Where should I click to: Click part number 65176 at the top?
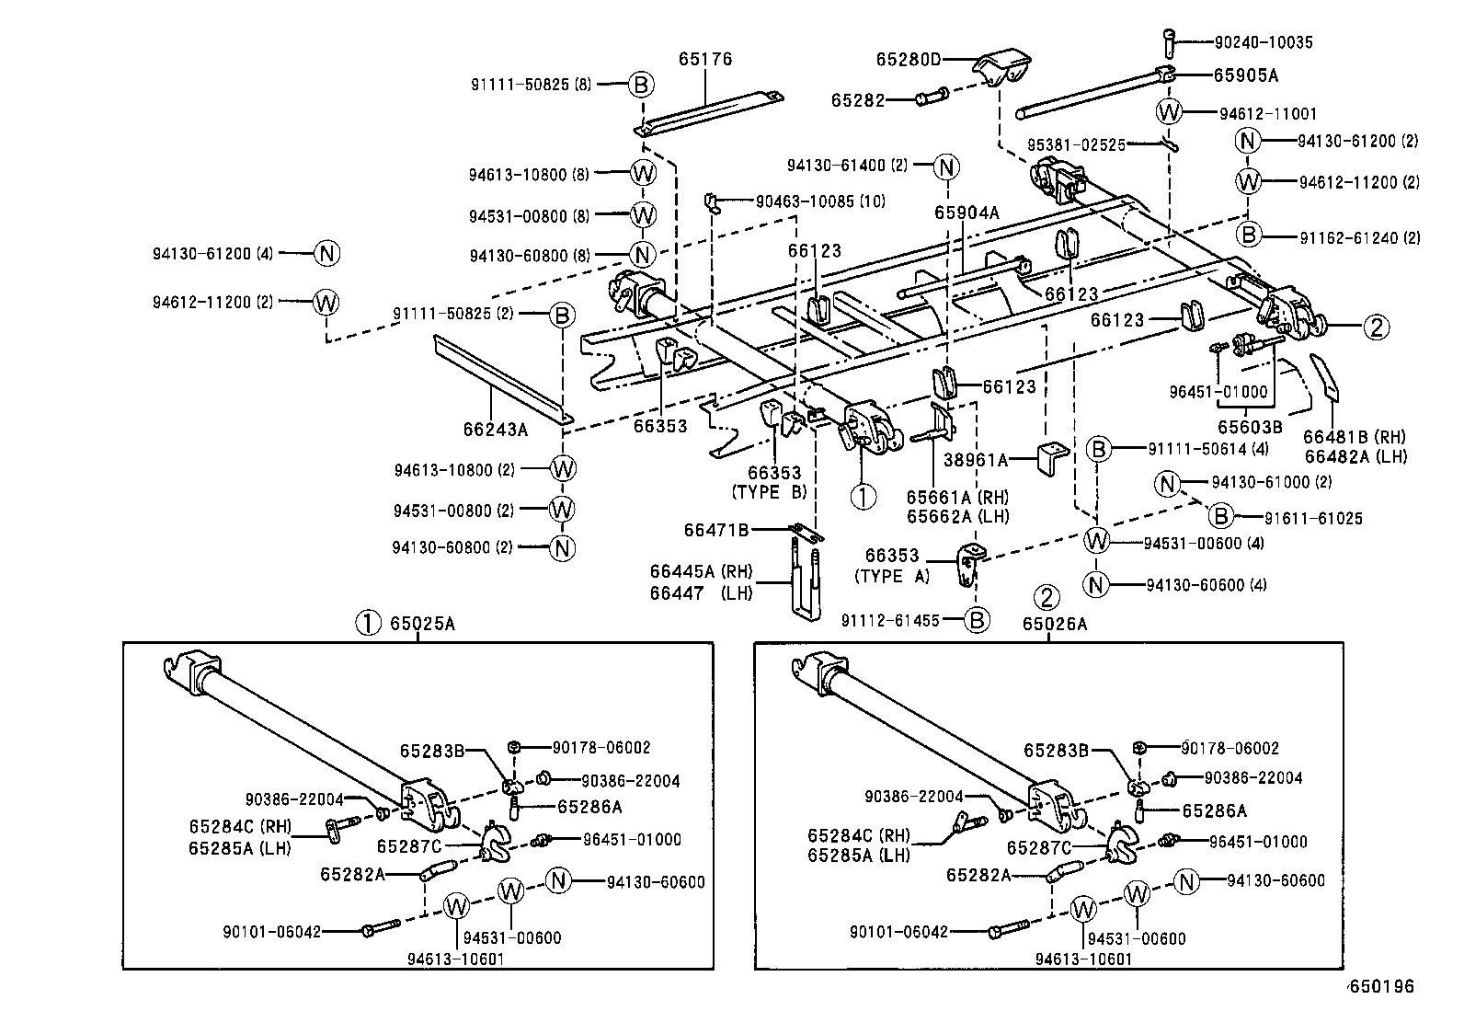705,60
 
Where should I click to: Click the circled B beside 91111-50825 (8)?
642,86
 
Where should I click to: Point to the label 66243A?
495,428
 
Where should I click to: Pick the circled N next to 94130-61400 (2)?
946,167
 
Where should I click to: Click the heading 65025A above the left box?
422,624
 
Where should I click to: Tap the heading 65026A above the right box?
1054,624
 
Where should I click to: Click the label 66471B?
716,530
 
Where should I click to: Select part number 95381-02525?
1076,144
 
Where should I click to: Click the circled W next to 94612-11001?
1169,113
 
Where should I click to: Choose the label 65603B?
1250,427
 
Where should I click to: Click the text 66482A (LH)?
1355,456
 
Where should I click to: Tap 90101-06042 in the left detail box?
272,932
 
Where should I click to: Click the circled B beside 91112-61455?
977,621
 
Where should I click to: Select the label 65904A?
966,213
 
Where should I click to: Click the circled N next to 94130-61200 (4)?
327,253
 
